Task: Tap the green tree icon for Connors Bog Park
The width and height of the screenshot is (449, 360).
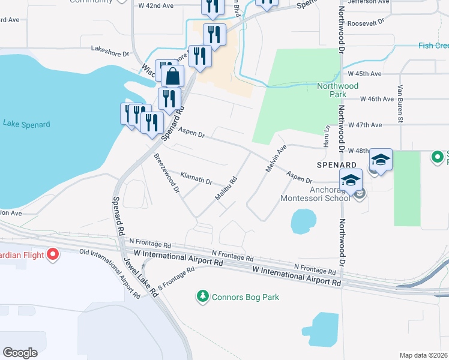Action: pyautogui.click(x=203, y=296)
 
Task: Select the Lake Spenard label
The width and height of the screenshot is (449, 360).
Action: pyautogui.click(x=26, y=124)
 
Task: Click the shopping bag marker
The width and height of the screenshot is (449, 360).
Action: pyautogui.click(x=173, y=77)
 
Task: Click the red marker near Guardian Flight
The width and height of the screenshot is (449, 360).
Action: pyautogui.click(x=52, y=254)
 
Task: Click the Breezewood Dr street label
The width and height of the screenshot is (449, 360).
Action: pyautogui.click(x=167, y=173)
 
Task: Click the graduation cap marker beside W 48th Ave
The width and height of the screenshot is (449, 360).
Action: pyautogui.click(x=381, y=160)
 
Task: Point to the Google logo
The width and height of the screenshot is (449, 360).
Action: pyautogui.click(x=20, y=352)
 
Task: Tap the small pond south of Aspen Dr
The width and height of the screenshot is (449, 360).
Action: pyautogui.click(x=303, y=221)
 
